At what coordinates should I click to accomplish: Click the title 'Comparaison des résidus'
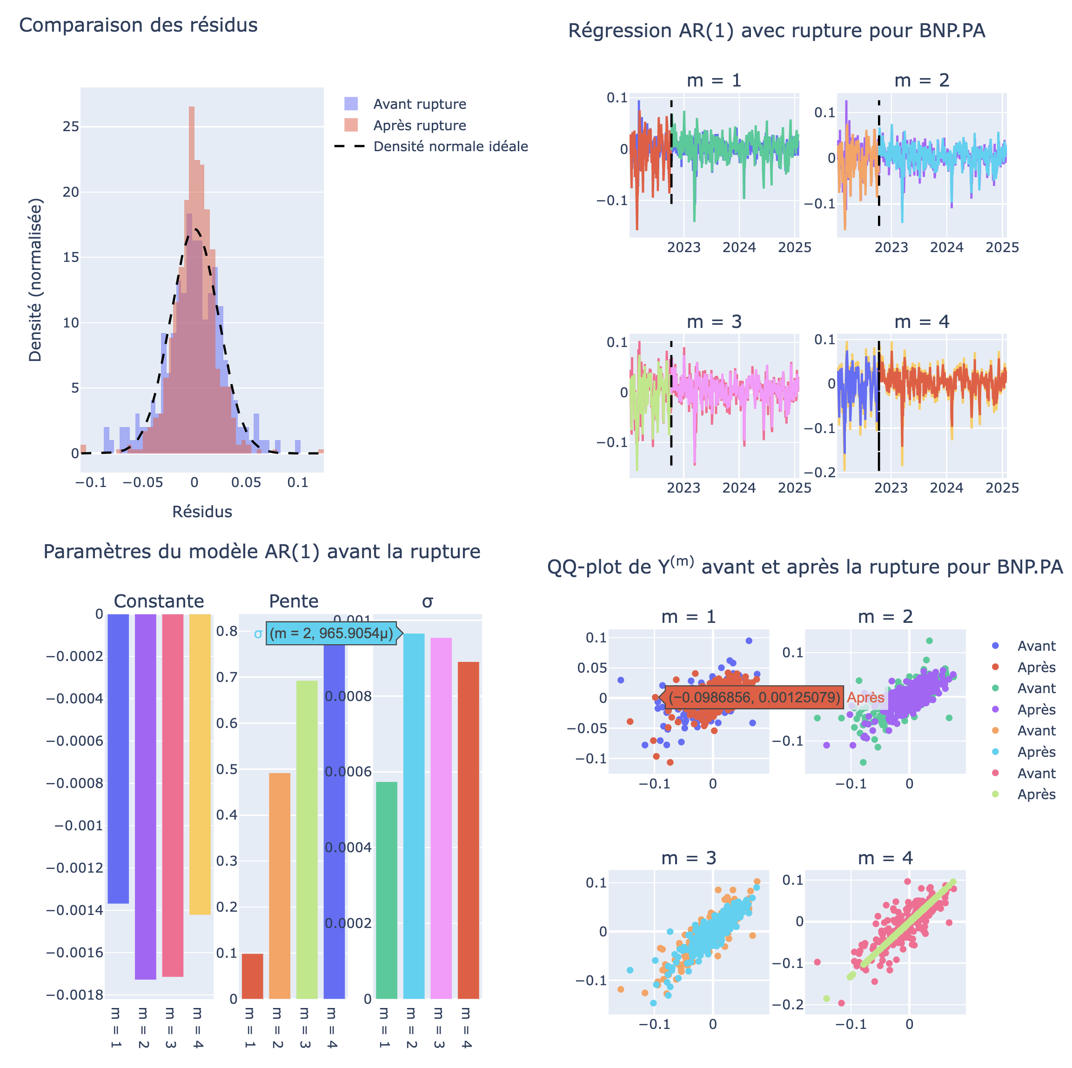point(138,26)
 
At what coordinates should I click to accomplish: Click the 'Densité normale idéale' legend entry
point(450,147)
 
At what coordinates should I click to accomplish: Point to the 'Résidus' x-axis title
point(202,512)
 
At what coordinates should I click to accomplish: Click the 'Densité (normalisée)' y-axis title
point(35,280)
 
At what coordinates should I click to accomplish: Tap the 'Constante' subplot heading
point(159,601)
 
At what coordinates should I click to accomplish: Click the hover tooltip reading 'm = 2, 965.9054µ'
point(332,633)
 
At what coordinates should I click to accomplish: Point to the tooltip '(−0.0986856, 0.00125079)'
point(754,697)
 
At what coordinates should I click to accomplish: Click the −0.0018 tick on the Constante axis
point(75,995)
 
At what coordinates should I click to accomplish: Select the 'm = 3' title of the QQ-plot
point(689,858)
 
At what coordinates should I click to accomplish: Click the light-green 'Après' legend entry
point(1035,794)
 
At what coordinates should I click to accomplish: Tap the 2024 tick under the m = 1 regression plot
point(739,247)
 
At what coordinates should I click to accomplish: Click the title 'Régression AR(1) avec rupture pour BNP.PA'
point(776,31)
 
